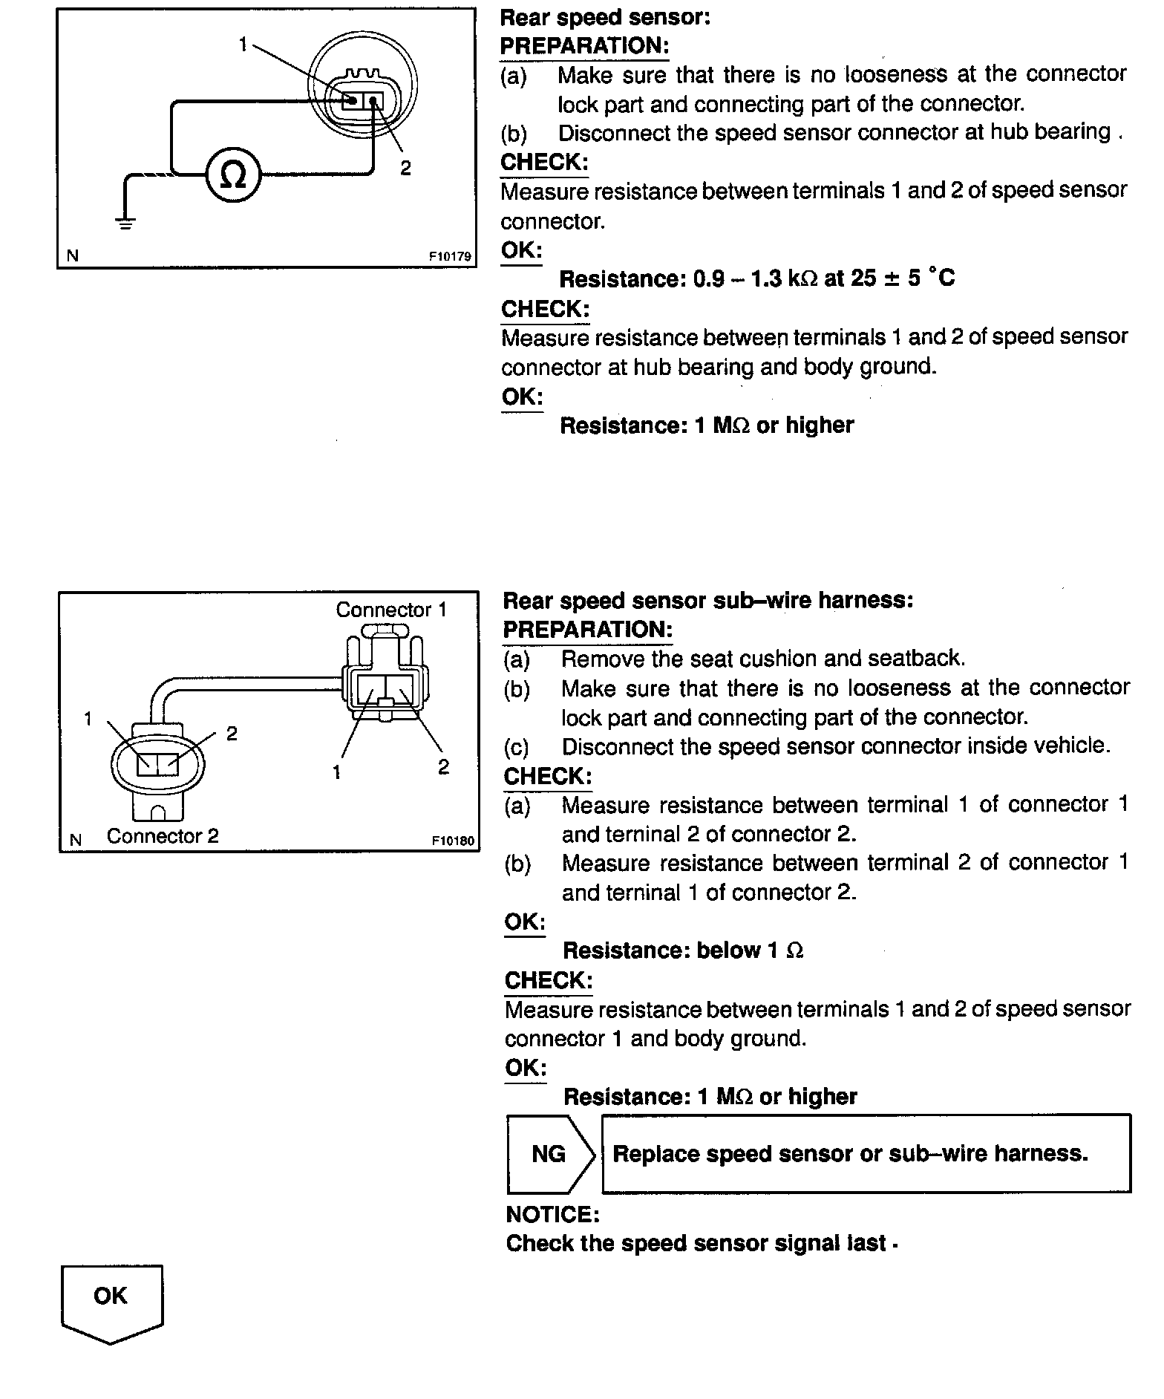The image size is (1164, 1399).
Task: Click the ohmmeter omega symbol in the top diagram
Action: coord(233,175)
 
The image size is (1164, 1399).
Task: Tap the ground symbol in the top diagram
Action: coord(125,221)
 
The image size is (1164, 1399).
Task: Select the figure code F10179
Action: coord(450,256)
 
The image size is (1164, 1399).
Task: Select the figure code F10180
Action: coord(453,841)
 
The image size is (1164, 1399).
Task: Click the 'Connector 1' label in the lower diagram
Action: coord(391,610)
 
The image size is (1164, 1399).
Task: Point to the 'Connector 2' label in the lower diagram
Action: coord(163,836)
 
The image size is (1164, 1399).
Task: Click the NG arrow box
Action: coord(550,1153)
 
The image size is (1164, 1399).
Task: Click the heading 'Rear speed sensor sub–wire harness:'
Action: coord(707,600)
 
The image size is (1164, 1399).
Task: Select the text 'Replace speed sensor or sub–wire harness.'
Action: coord(850,1153)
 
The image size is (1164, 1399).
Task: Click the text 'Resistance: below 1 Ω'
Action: coord(683,950)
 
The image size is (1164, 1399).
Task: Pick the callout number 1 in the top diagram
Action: coord(242,45)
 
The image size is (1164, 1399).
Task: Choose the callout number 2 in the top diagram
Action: coord(405,169)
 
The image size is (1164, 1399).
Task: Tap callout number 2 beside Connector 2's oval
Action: coord(232,734)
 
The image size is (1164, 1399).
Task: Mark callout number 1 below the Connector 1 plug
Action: coord(336,772)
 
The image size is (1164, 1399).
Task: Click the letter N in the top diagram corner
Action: coord(72,255)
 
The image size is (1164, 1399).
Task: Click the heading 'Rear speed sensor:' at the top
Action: coord(605,16)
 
